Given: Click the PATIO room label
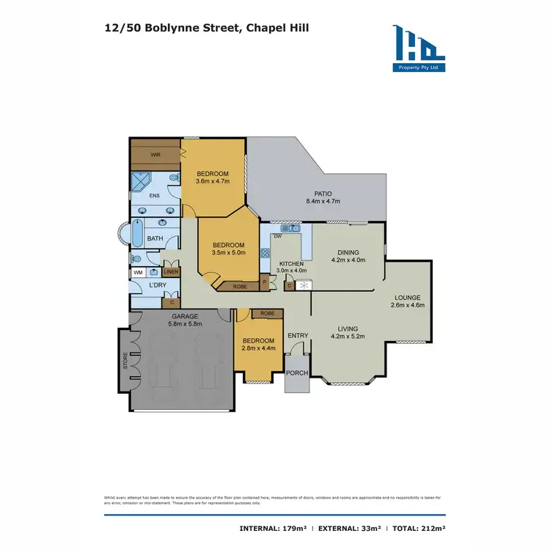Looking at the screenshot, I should tap(323, 193).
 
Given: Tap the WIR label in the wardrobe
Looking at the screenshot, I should tap(155, 155).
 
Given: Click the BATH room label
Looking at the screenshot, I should tap(155, 238).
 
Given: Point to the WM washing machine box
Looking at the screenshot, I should tap(137, 272).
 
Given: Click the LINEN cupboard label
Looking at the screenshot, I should tap(170, 272).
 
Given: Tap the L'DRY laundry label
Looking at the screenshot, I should tap(155, 285).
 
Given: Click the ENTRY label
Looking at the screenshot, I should tap(298, 336).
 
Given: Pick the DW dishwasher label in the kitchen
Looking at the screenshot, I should tap(277, 237).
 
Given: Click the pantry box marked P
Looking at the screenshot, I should tap(264, 282).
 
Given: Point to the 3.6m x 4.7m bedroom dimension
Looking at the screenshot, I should tap(213, 181).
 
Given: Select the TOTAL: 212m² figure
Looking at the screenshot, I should tap(417, 528).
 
